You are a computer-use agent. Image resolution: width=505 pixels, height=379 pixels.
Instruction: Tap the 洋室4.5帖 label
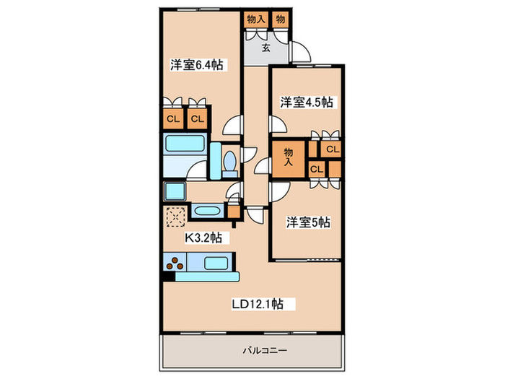pyautogui.click(x=306, y=103)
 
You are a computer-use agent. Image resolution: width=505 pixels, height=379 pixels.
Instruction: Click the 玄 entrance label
pyautogui.click(x=265, y=48)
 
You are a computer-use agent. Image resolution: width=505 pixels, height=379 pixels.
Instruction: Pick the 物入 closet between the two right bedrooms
pyautogui.click(x=289, y=157)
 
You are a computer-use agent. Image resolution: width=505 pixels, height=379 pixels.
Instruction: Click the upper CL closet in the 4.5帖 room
pyautogui.click(x=331, y=149)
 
